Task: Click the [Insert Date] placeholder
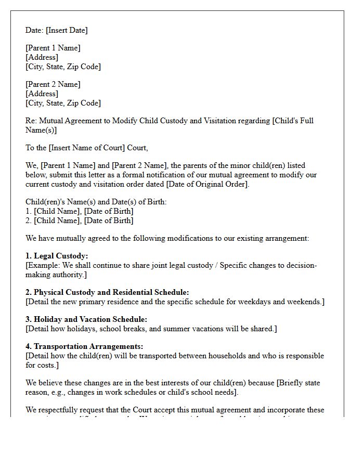pos(67,30)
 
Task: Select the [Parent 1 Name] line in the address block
pos(53,48)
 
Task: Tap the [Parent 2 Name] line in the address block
pos(53,84)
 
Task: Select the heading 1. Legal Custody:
pos(57,256)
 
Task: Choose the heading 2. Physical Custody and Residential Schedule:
pos(107,292)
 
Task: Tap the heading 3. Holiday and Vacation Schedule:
pos(86,319)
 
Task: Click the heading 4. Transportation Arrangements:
pos(84,346)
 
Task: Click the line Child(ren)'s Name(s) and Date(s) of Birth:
pos(96,202)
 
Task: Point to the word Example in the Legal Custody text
pos(44,265)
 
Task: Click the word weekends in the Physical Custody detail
pos(304,302)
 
